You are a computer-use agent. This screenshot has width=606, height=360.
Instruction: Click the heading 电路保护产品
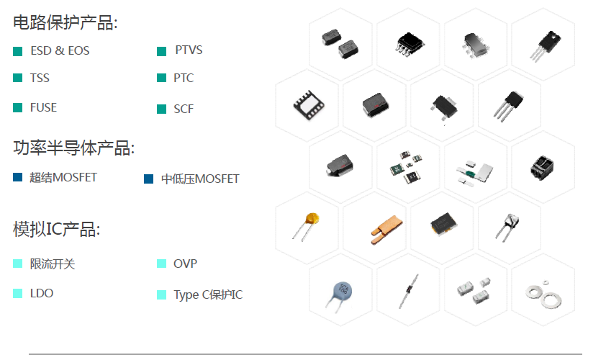coord(65,22)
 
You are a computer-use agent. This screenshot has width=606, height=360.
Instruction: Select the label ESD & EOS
coord(60,51)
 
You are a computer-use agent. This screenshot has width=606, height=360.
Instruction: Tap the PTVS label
coord(189,50)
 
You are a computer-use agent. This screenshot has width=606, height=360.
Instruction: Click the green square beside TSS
coord(18,78)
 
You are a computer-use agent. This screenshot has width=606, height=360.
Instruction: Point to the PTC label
coord(184,78)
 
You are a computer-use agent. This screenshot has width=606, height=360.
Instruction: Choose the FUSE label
coord(43,107)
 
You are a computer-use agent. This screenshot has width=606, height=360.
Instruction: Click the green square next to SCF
coord(161,109)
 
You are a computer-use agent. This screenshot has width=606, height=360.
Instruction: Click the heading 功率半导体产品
coord(73,148)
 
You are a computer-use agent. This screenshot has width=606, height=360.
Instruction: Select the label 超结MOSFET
coord(63,177)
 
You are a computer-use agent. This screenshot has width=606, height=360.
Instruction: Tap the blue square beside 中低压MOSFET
coord(149,179)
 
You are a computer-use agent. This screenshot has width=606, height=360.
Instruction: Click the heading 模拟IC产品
coord(56,230)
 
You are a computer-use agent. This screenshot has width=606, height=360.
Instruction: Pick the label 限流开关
coord(53,264)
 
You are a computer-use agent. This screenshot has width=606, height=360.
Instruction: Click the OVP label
coord(185,264)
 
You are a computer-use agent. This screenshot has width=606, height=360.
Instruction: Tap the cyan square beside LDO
coord(18,293)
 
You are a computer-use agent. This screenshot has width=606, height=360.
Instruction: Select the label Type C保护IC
coord(208,295)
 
